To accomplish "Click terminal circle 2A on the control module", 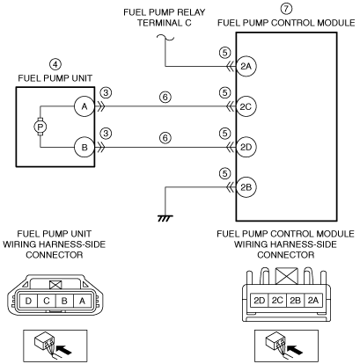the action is pos(246,66).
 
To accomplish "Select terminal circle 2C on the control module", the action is pos(246,106).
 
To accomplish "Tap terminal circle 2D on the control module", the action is pos(246,147).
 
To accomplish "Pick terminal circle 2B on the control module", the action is pos(246,187).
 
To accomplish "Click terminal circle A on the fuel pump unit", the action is pos(84,106).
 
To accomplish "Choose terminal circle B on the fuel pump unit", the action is pos(84,147).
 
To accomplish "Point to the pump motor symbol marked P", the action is pos(40,127).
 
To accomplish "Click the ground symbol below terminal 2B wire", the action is pos(165,218).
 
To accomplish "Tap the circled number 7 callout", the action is pos(286,8).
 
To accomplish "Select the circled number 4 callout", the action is pos(55,64).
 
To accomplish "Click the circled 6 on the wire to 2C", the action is pos(165,97).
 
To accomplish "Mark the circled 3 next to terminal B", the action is pos(106,134).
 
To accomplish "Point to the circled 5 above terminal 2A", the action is pos(224,53).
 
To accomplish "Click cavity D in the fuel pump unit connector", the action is pos(28,301).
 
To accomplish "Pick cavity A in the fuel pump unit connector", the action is pos(82,301).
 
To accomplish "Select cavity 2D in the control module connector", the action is pos(259,301).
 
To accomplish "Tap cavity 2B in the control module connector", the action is pos(295,301).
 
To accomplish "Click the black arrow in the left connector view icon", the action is pos(63,350).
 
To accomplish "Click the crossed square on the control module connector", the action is pos(287,276).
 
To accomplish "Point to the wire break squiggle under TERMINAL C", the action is pos(165,38).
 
